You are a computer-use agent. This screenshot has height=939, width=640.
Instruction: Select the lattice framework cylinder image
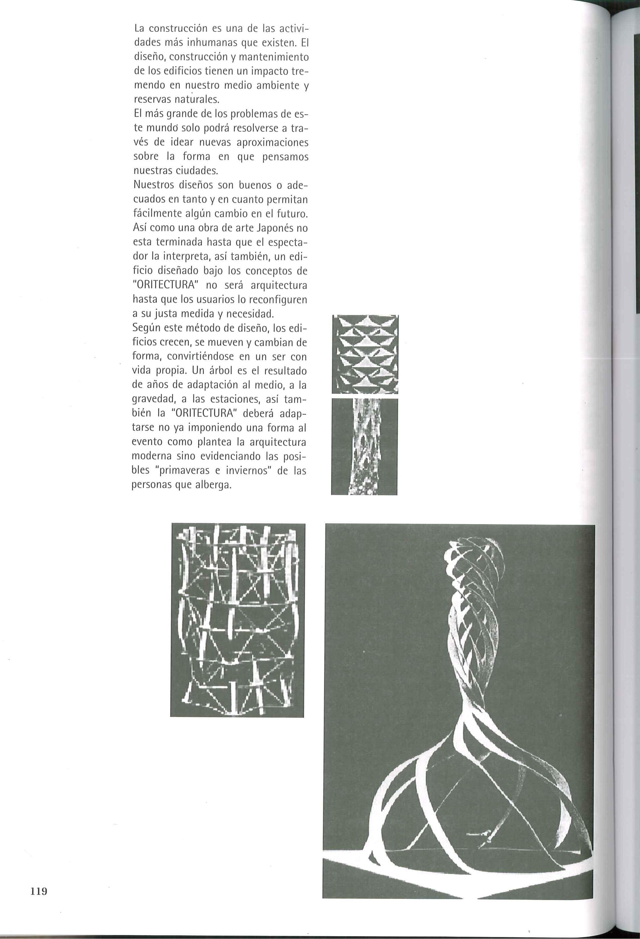(x=238, y=620)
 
